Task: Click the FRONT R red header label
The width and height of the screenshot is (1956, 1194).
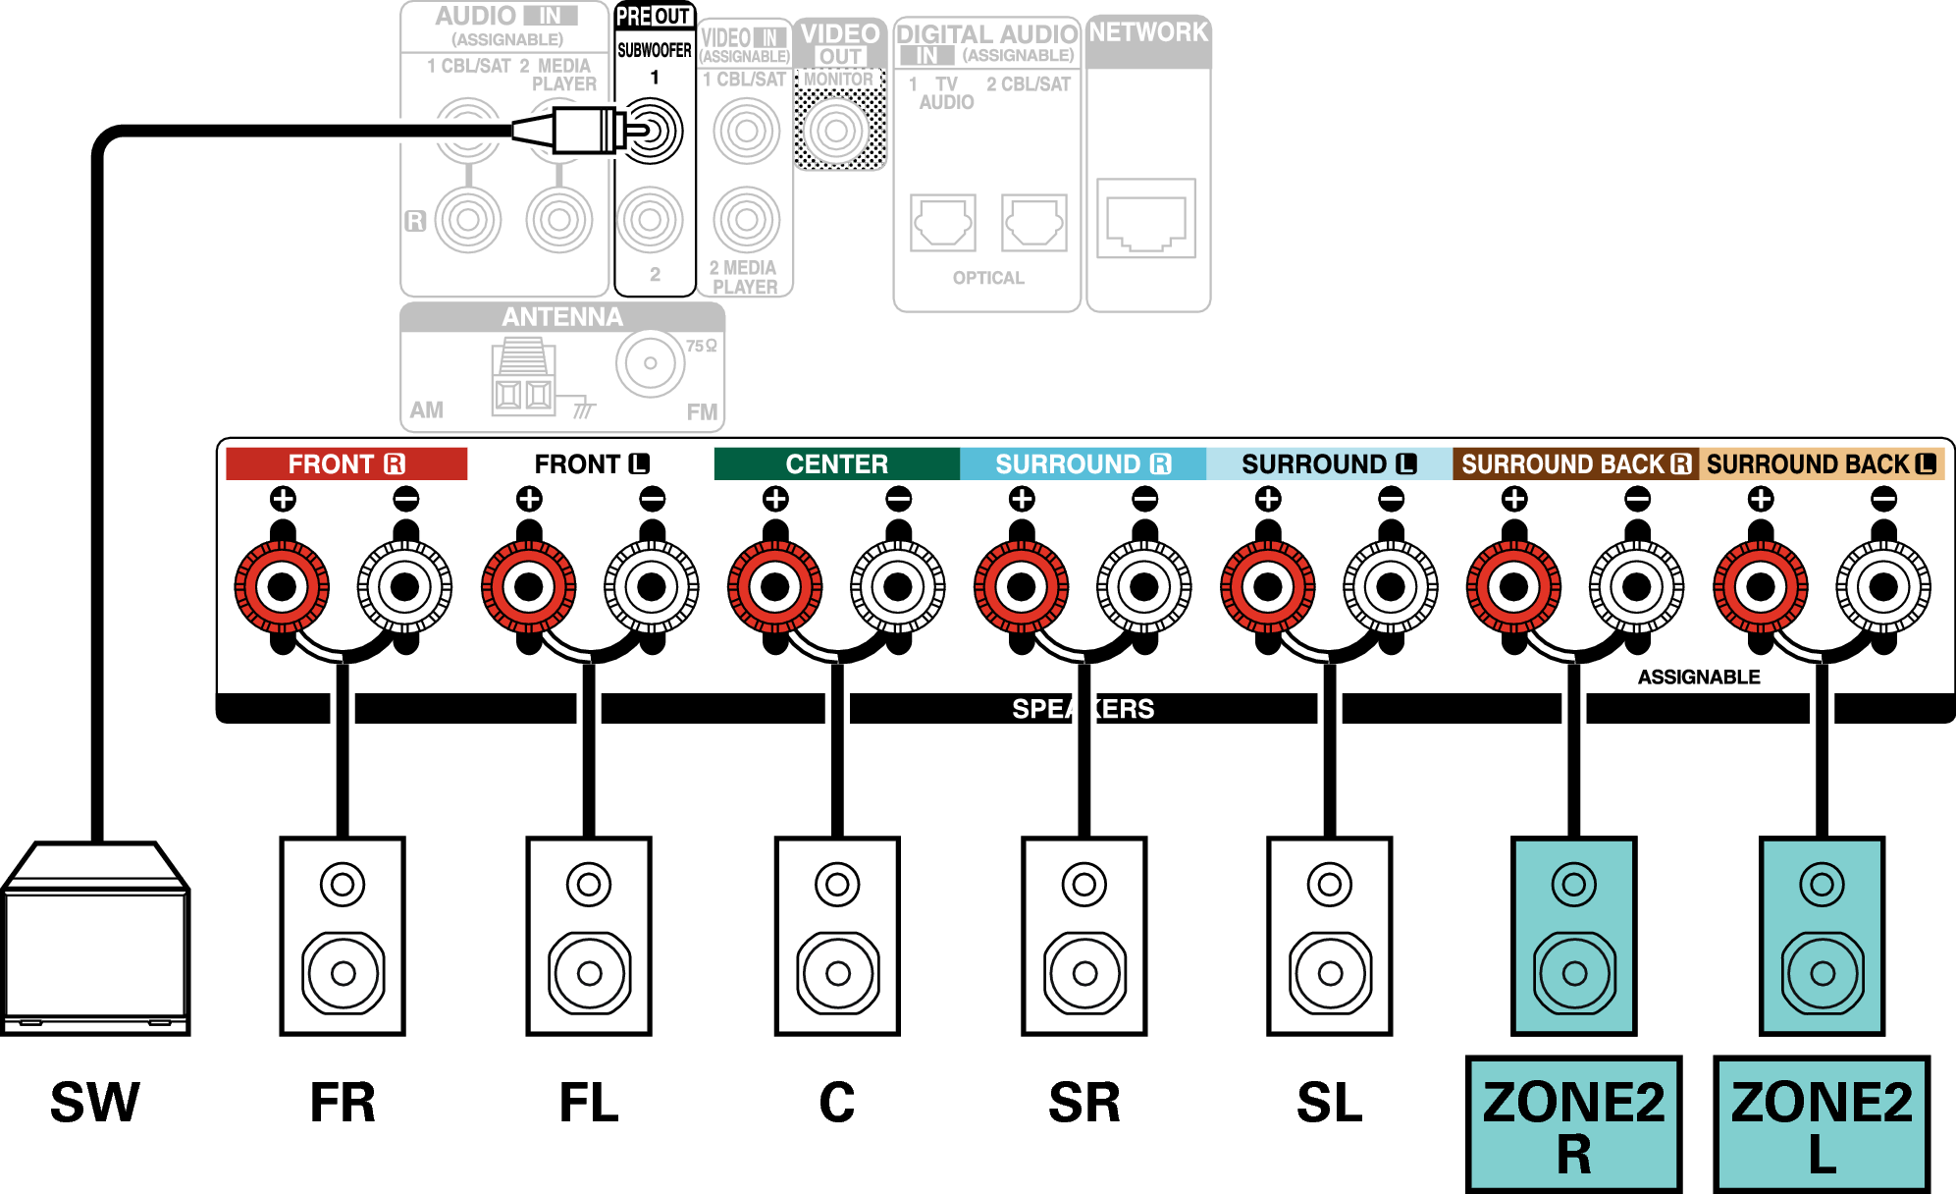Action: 345,463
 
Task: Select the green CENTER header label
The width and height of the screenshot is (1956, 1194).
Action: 836,463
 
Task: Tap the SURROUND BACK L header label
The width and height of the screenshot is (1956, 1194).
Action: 1821,463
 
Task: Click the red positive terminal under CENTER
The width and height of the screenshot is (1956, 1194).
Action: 774,587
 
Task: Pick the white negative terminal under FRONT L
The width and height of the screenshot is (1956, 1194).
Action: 651,587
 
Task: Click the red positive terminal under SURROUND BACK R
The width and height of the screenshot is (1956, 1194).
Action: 1513,587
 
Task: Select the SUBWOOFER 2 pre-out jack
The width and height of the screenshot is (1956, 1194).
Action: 650,220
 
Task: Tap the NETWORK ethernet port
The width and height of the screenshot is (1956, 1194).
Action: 1145,220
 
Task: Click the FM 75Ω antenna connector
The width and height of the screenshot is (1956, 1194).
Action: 650,363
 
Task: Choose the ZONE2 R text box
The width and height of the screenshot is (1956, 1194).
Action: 1573,1125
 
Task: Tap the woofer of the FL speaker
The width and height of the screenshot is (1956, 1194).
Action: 589,973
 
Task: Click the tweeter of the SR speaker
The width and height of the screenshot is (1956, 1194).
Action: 1084,885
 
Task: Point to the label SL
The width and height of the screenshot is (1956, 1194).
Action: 1329,1103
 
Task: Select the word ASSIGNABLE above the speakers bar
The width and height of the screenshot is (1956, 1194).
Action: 1698,677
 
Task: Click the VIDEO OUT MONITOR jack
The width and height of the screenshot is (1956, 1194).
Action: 836,130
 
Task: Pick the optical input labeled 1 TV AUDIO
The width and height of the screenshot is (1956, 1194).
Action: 942,223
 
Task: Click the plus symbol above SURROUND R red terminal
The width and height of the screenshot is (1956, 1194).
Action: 1022,499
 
